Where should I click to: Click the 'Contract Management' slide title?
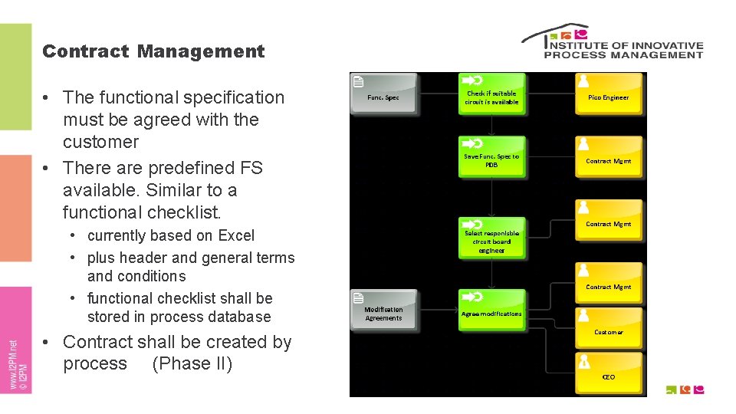pos(153,51)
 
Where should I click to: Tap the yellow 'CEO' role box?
pos(609,374)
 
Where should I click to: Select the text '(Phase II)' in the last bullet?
pos(192,363)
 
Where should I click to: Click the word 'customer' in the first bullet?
pos(100,142)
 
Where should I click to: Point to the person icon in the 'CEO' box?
pos(585,361)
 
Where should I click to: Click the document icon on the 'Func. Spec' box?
pos(358,81)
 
